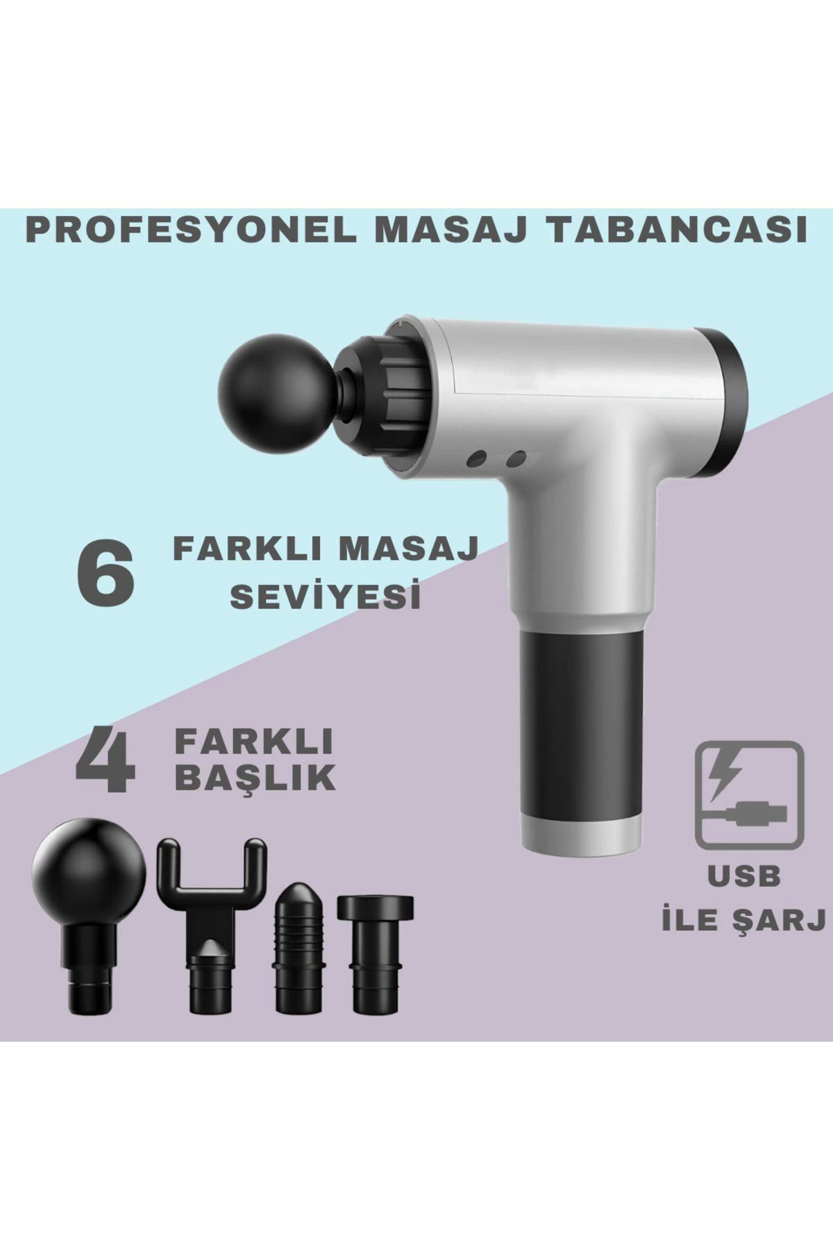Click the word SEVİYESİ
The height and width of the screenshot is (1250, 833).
[326, 597]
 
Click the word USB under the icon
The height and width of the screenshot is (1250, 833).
[744, 876]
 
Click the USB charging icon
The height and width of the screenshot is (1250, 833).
[750, 794]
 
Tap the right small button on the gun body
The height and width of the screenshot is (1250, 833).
[514, 458]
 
